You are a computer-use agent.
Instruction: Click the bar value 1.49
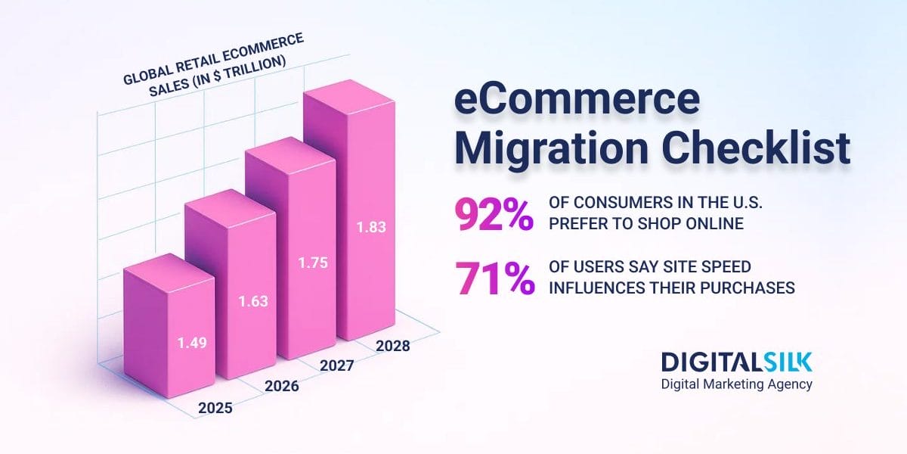click(192, 342)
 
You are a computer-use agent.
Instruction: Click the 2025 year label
click(215, 408)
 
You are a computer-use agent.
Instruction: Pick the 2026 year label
click(281, 386)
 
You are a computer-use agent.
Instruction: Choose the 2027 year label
click(338, 365)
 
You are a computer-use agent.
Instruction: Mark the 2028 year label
click(392, 347)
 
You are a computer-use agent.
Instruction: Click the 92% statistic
click(494, 214)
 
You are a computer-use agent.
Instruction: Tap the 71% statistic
click(494, 278)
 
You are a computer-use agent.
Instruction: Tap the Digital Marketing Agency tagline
click(736, 384)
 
